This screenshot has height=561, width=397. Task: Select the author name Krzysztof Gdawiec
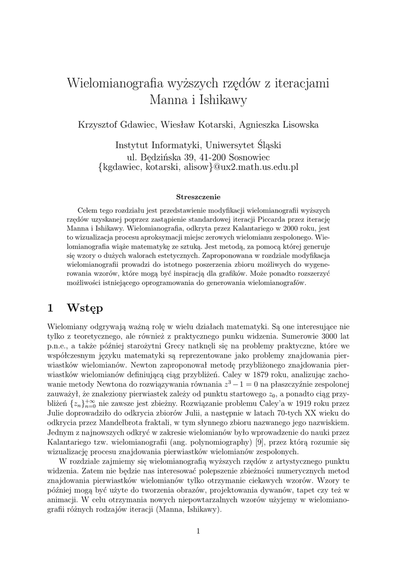tap(117, 125)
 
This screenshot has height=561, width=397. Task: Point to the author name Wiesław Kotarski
tap(196, 125)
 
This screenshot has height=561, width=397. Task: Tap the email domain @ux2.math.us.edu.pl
tap(256, 168)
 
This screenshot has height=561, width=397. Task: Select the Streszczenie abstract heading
tap(198, 197)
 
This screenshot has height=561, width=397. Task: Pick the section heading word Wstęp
tap(84, 308)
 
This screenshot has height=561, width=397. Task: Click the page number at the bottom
tap(198, 531)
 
